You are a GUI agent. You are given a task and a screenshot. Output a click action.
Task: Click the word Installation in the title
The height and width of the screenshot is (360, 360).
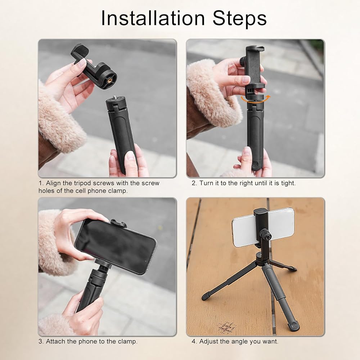tap(153, 18)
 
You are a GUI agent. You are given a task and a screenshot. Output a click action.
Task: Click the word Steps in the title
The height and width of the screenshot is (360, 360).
tap(239, 18)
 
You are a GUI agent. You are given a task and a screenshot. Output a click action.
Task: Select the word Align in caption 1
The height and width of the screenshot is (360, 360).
tap(53, 183)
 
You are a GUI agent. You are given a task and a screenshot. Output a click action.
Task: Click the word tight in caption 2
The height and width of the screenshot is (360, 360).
tap(288, 183)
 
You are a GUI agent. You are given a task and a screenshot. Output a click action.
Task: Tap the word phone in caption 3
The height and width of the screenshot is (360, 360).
tap(88, 341)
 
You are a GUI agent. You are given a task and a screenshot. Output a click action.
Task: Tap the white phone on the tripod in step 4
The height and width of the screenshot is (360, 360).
tap(263, 227)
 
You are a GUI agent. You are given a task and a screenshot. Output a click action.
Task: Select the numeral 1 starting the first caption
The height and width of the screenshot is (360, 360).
tap(41, 183)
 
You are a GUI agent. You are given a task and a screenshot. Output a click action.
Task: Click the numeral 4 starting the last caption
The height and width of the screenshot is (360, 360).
tap(194, 341)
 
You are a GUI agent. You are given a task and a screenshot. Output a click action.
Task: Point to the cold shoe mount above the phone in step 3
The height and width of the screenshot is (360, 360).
tap(118, 223)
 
